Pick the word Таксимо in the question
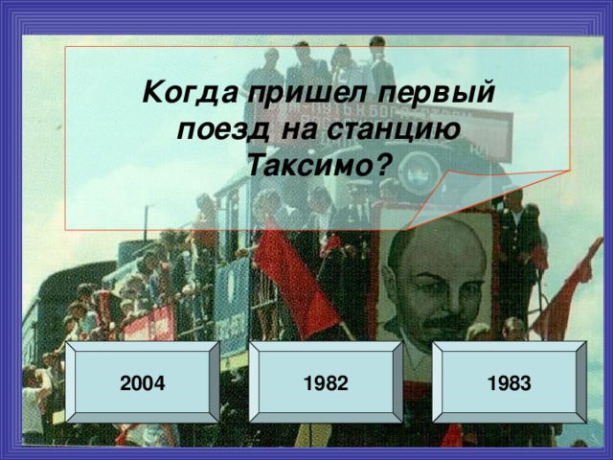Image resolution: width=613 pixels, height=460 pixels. [308, 165]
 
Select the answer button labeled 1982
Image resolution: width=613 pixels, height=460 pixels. [326, 383]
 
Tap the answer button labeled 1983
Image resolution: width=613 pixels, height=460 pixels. [508, 383]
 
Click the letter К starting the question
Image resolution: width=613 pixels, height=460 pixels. [151, 94]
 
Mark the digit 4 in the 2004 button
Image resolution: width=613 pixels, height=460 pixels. [160, 383]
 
